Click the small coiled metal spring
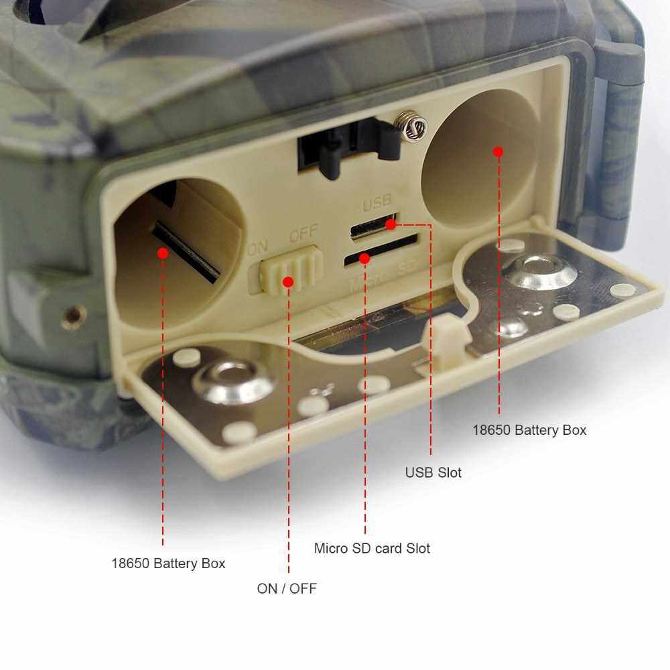(x=410, y=125)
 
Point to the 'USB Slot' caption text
(x=433, y=472)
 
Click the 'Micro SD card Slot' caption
(x=372, y=548)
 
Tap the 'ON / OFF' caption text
(x=287, y=588)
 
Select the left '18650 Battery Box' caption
(x=168, y=563)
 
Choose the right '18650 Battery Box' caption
(x=529, y=430)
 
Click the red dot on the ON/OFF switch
(x=288, y=282)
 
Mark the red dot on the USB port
(x=391, y=224)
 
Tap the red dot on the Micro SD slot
(x=364, y=258)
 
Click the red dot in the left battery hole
(x=162, y=253)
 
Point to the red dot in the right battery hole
(x=498, y=151)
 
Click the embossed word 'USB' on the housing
(x=377, y=204)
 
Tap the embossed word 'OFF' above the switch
(x=304, y=233)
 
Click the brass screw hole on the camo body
(x=74, y=316)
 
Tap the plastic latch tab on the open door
(x=444, y=338)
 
